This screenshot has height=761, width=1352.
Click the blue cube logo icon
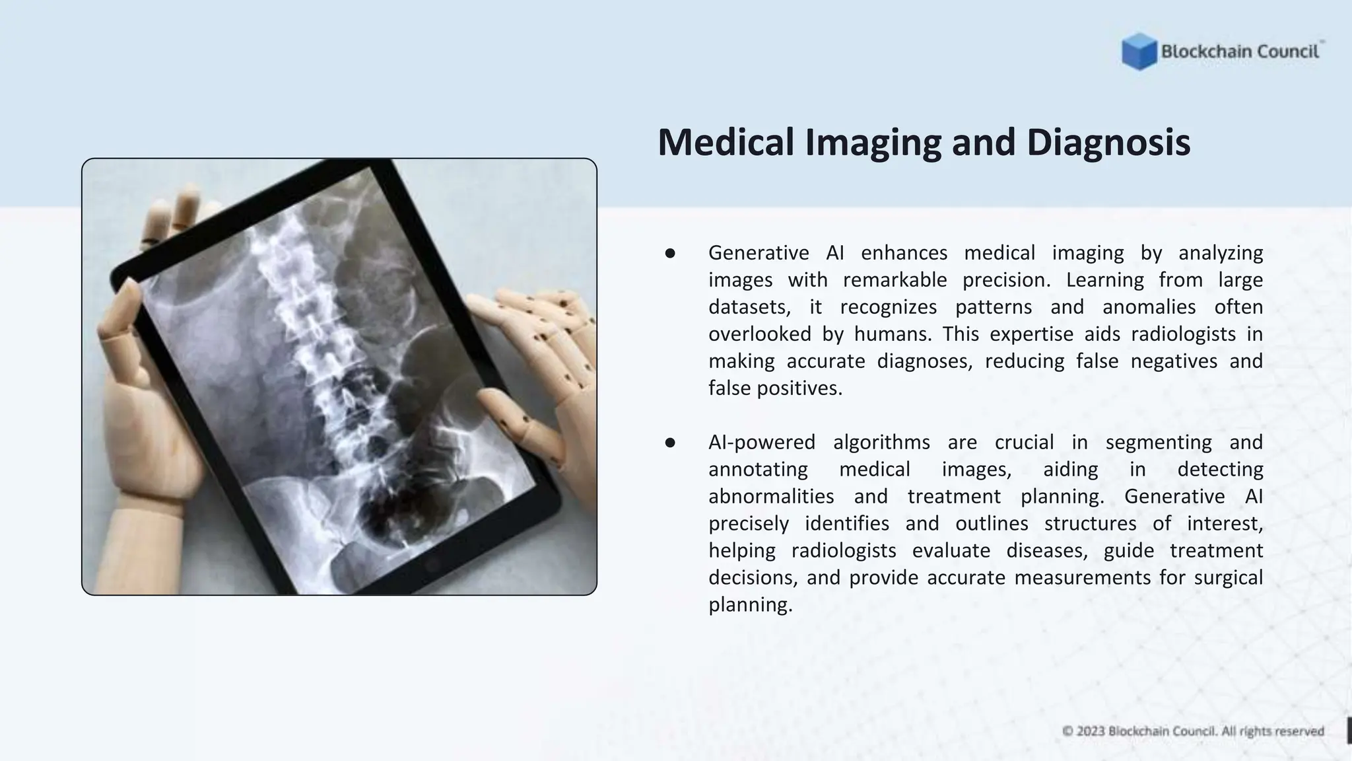click(x=1139, y=52)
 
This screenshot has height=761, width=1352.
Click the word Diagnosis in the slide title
click(x=1108, y=142)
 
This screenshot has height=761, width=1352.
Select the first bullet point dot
click(x=670, y=253)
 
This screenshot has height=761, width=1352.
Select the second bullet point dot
click(x=670, y=443)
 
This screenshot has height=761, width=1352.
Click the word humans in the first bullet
click(x=892, y=334)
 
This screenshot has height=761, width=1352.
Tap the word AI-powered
click(x=762, y=443)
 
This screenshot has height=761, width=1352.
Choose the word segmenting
click(x=1159, y=443)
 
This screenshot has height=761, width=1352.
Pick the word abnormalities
click(x=771, y=497)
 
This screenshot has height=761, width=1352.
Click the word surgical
click(x=1228, y=578)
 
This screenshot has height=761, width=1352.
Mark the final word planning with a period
click(x=750, y=605)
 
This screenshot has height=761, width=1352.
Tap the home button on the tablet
click(x=433, y=565)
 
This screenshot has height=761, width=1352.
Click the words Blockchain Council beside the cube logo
click(x=1240, y=52)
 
